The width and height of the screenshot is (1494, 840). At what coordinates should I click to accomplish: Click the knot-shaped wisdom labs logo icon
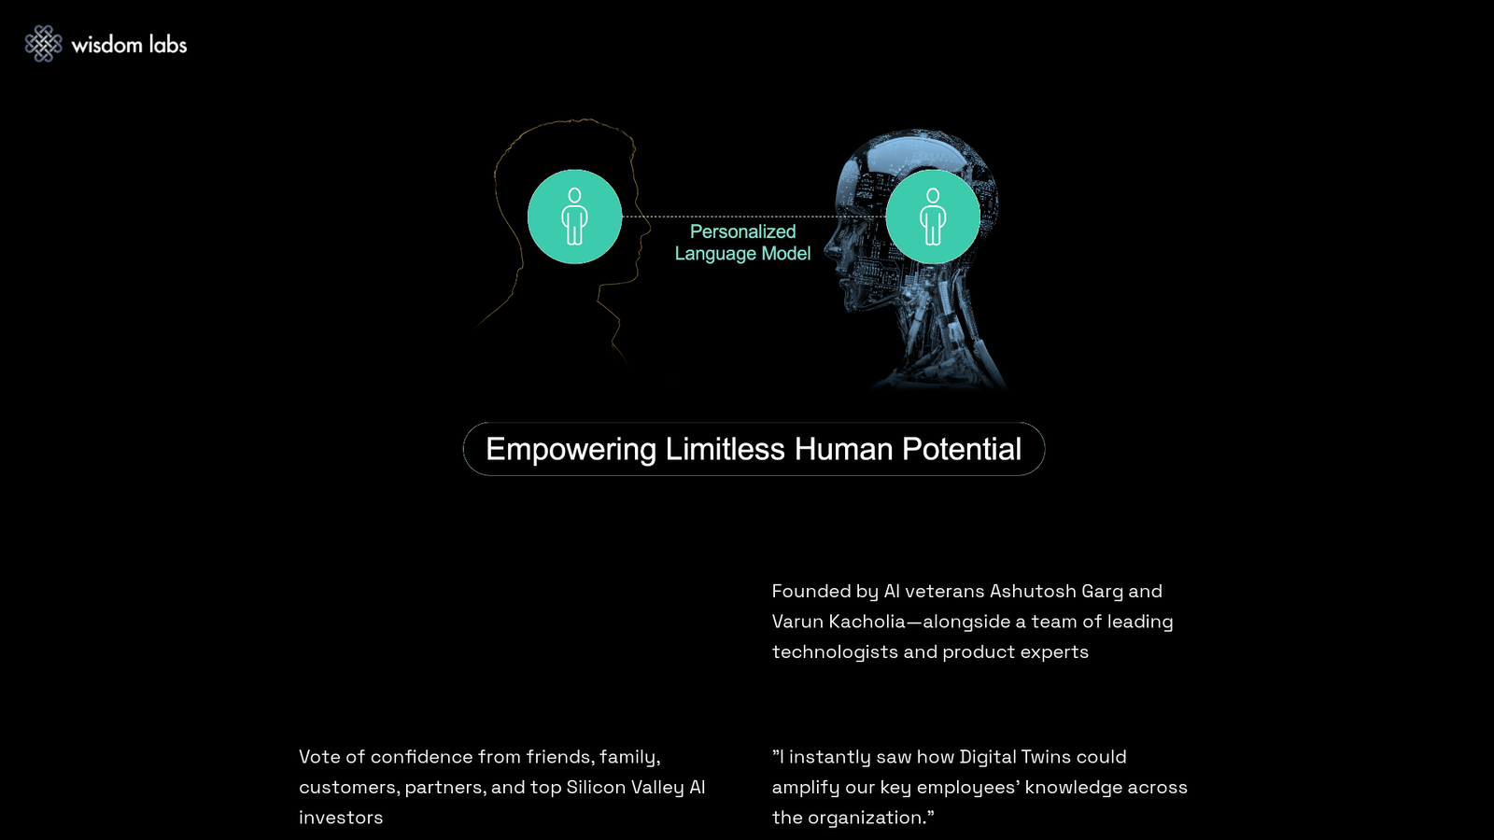click(x=43, y=44)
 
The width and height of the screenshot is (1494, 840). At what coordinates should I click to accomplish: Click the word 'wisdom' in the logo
click(x=106, y=45)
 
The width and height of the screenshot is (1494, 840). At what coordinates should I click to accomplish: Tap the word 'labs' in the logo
click(x=168, y=45)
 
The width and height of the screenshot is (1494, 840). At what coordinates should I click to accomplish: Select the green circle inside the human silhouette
click(x=574, y=217)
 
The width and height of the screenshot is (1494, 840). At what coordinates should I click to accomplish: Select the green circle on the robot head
click(x=933, y=217)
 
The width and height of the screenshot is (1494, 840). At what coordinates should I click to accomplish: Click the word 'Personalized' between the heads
click(x=742, y=232)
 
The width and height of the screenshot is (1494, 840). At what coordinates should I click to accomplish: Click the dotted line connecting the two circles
click(x=754, y=217)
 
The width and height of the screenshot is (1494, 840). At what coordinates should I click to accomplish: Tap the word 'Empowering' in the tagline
click(x=571, y=450)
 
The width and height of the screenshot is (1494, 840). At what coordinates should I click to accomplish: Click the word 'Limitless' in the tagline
click(x=725, y=449)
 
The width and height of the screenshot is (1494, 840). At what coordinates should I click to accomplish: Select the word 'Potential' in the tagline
click(x=962, y=449)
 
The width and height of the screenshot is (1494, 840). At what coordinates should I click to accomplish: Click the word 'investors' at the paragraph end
click(x=341, y=818)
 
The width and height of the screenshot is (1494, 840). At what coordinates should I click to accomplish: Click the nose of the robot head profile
click(x=827, y=249)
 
